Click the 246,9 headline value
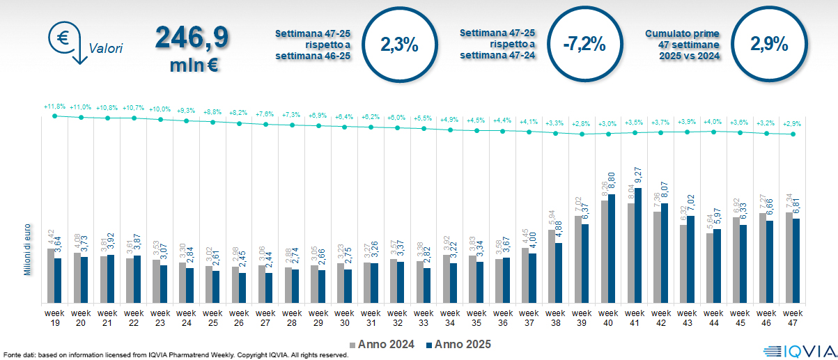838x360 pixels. [x=191, y=38]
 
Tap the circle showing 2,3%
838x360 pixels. [x=398, y=45]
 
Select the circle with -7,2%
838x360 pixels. [x=584, y=45]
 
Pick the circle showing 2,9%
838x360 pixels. [x=769, y=45]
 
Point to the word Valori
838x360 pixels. [x=106, y=49]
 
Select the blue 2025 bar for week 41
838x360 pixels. [x=639, y=245]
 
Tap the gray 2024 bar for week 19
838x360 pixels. [x=50, y=276]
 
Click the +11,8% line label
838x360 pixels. [x=54, y=107]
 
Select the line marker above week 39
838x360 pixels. [x=582, y=134]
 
